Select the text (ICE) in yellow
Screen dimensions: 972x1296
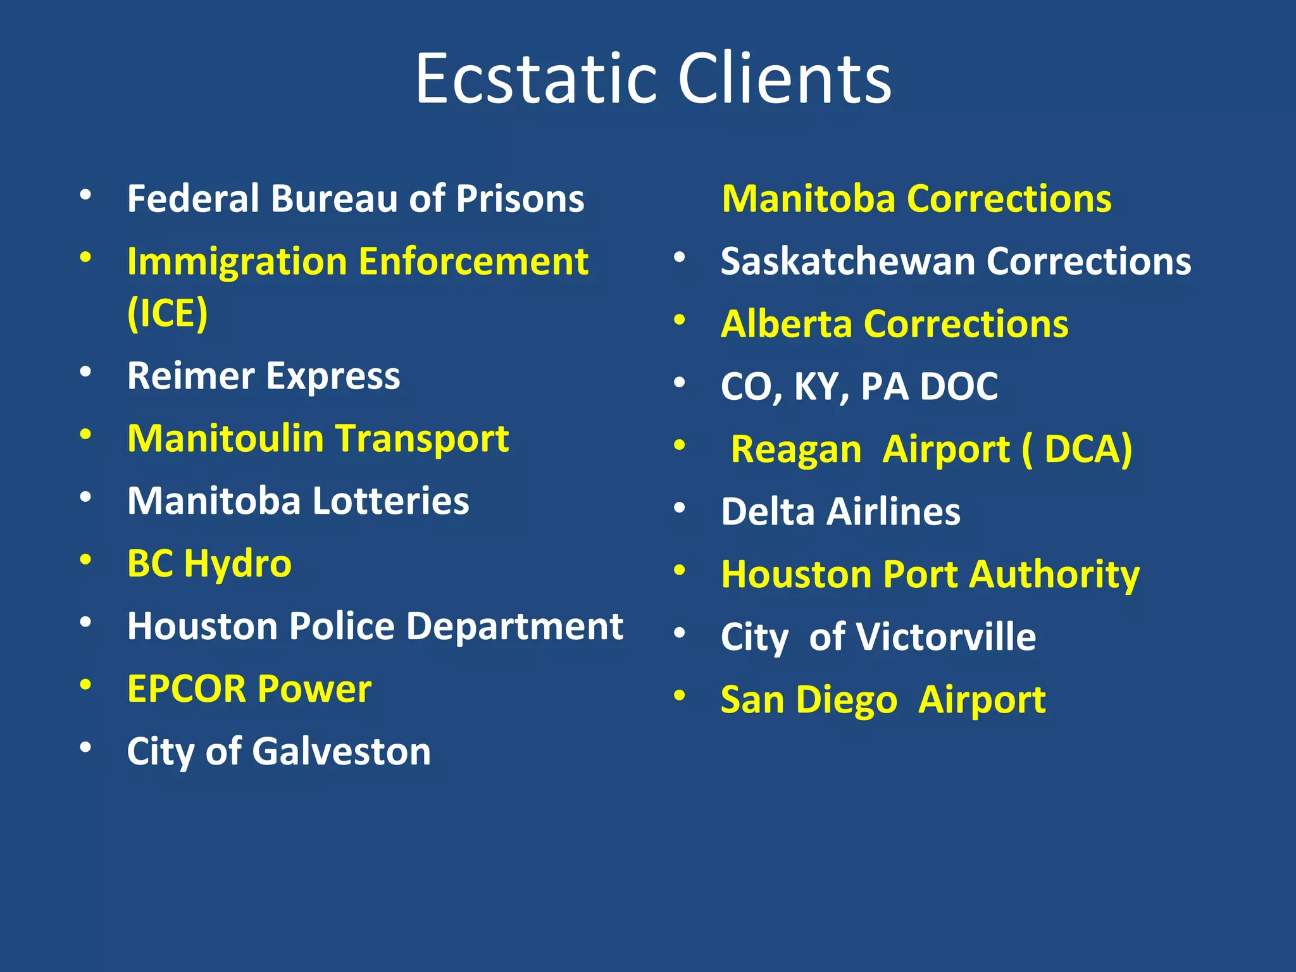tap(167, 313)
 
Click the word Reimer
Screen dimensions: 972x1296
tap(190, 376)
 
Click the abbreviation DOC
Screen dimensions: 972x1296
tap(959, 386)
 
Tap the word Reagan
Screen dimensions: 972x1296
tap(796, 449)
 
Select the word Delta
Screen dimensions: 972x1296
tap(768, 511)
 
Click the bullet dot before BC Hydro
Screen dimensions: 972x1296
tap(86, 560)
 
